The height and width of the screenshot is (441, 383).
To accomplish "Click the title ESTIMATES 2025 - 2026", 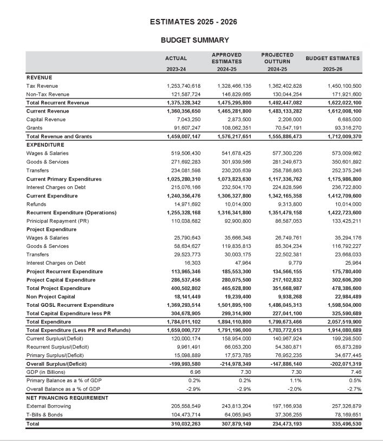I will point(193,22).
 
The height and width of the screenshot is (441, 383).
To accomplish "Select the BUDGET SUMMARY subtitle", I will point(194,40).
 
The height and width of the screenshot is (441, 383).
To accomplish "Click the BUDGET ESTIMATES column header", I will point(333,58).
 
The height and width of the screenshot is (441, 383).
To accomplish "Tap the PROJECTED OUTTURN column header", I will point(277,58).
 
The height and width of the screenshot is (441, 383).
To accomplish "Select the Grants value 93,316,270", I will point(345,128).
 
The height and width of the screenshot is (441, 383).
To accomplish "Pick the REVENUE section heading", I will point(38,77).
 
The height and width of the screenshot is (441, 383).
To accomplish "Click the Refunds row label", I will point(36,204).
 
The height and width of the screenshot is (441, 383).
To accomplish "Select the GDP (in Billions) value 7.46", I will point(355,372).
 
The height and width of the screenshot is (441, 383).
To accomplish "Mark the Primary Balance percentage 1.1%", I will point(296,381).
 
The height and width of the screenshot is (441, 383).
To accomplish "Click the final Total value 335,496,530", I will point(342,424).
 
